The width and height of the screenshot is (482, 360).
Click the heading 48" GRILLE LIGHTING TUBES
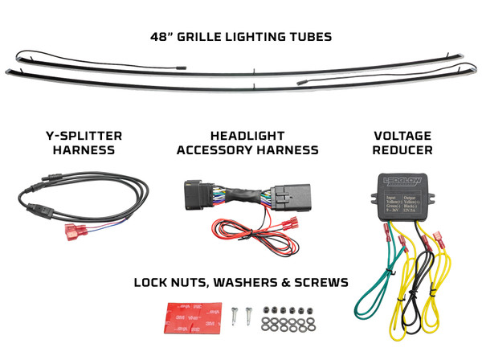pos(241,36)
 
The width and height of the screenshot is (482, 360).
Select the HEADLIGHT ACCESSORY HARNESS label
pos(247,142)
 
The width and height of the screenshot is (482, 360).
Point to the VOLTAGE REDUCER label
pos(403,142)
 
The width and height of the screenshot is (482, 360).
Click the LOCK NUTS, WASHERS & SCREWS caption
pos(241,282)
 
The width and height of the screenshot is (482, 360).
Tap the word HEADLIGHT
pos(247,135)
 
